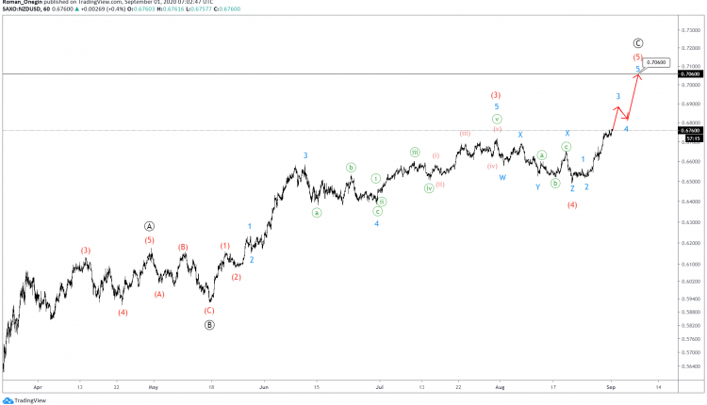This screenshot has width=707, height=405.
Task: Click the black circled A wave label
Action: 150,226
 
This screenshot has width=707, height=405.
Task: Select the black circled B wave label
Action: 209,325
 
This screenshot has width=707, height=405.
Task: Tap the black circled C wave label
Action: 638,43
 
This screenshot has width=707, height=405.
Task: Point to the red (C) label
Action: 209,310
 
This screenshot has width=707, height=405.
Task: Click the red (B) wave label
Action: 183,248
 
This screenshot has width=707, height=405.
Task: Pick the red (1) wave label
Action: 225,246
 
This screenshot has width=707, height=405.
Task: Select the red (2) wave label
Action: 237,277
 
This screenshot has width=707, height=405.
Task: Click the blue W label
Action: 502,177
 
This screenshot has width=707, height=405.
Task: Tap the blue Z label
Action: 572,189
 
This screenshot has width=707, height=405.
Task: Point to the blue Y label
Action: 538,186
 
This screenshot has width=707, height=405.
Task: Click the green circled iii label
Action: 415,152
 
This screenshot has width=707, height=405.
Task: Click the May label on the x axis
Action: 153,386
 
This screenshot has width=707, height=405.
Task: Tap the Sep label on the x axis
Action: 610,386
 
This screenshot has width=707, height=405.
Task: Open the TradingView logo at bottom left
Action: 24,398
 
